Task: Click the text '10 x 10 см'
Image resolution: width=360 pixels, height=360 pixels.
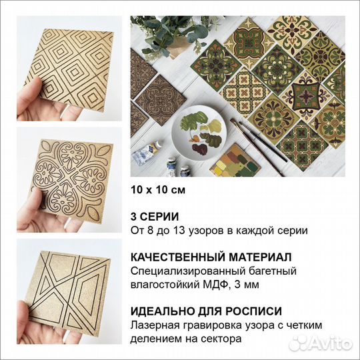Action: click(157, 189)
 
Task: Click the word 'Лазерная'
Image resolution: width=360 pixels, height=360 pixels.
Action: click(155, 325)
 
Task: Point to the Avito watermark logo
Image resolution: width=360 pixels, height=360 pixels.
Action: click(327, 343)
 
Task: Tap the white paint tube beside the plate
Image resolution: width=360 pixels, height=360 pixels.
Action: click(144, 155)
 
